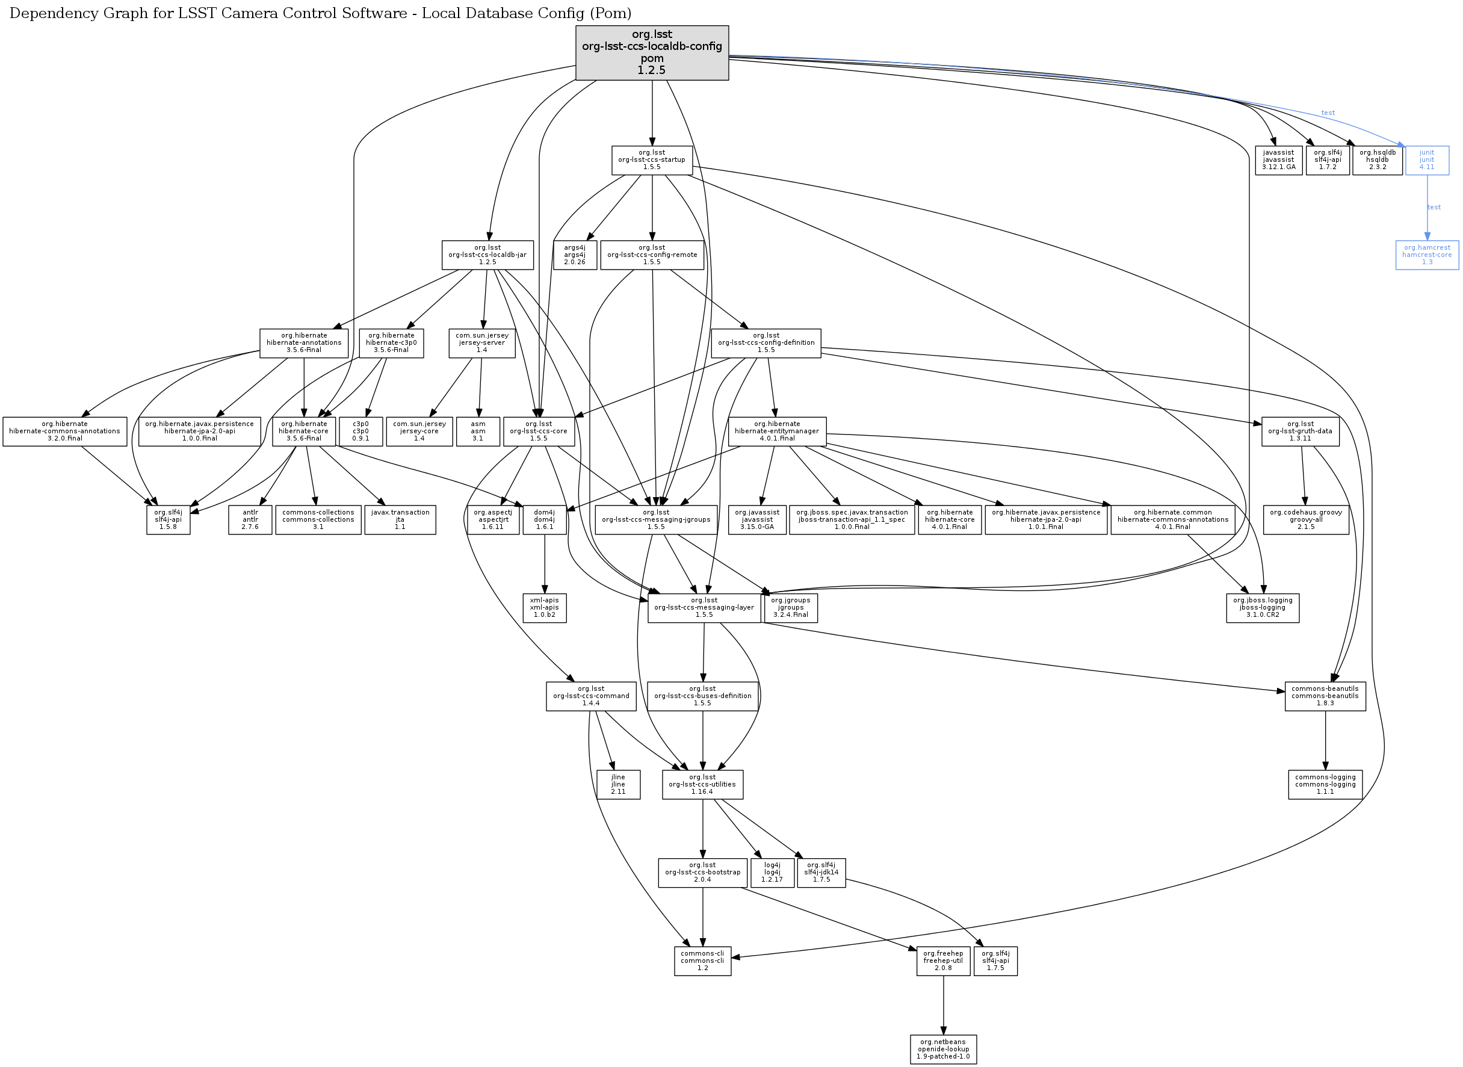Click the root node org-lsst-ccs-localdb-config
652,52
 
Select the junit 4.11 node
1427,160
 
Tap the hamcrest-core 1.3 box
1427,255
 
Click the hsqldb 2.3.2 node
1377,160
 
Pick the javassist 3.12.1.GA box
1278,160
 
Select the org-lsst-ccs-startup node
652,160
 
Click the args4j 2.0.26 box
574,255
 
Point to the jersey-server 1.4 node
481,343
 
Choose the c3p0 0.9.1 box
360,431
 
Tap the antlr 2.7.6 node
250,519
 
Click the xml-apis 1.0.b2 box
545,608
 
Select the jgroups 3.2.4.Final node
791,608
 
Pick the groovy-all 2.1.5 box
1305,519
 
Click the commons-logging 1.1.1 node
1325,784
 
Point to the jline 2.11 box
617,784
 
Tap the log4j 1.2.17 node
772,873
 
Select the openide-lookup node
943,1050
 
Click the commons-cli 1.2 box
702,961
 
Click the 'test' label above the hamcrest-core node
1434,208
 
